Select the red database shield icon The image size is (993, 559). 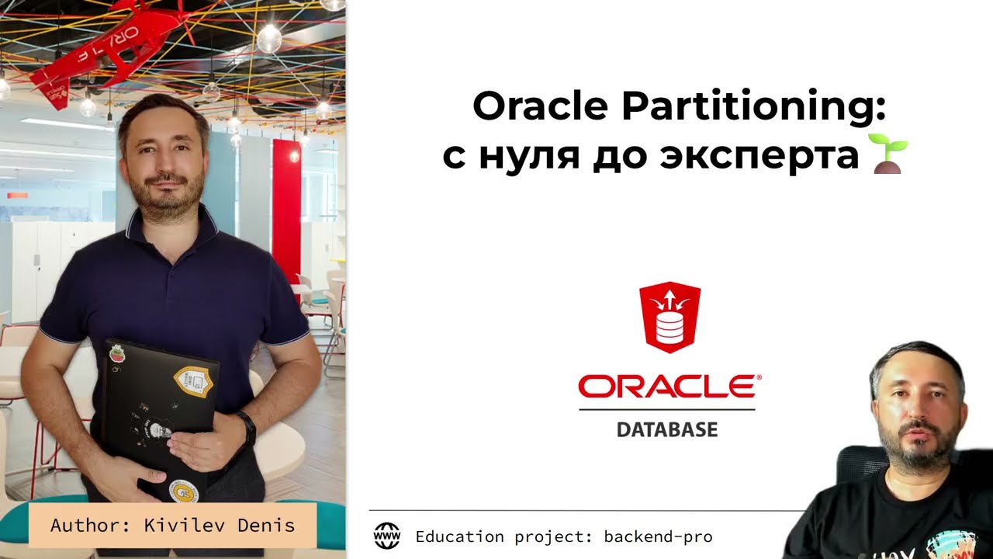(669, 318)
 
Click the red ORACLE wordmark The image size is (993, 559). (669, 387)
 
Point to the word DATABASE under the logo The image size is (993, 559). (667, 429)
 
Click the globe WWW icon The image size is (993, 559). (387, 536)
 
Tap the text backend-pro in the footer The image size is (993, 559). (658, 536)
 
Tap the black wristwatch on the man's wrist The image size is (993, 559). (247, 428)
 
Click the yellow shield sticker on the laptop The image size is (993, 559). (195, 380)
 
